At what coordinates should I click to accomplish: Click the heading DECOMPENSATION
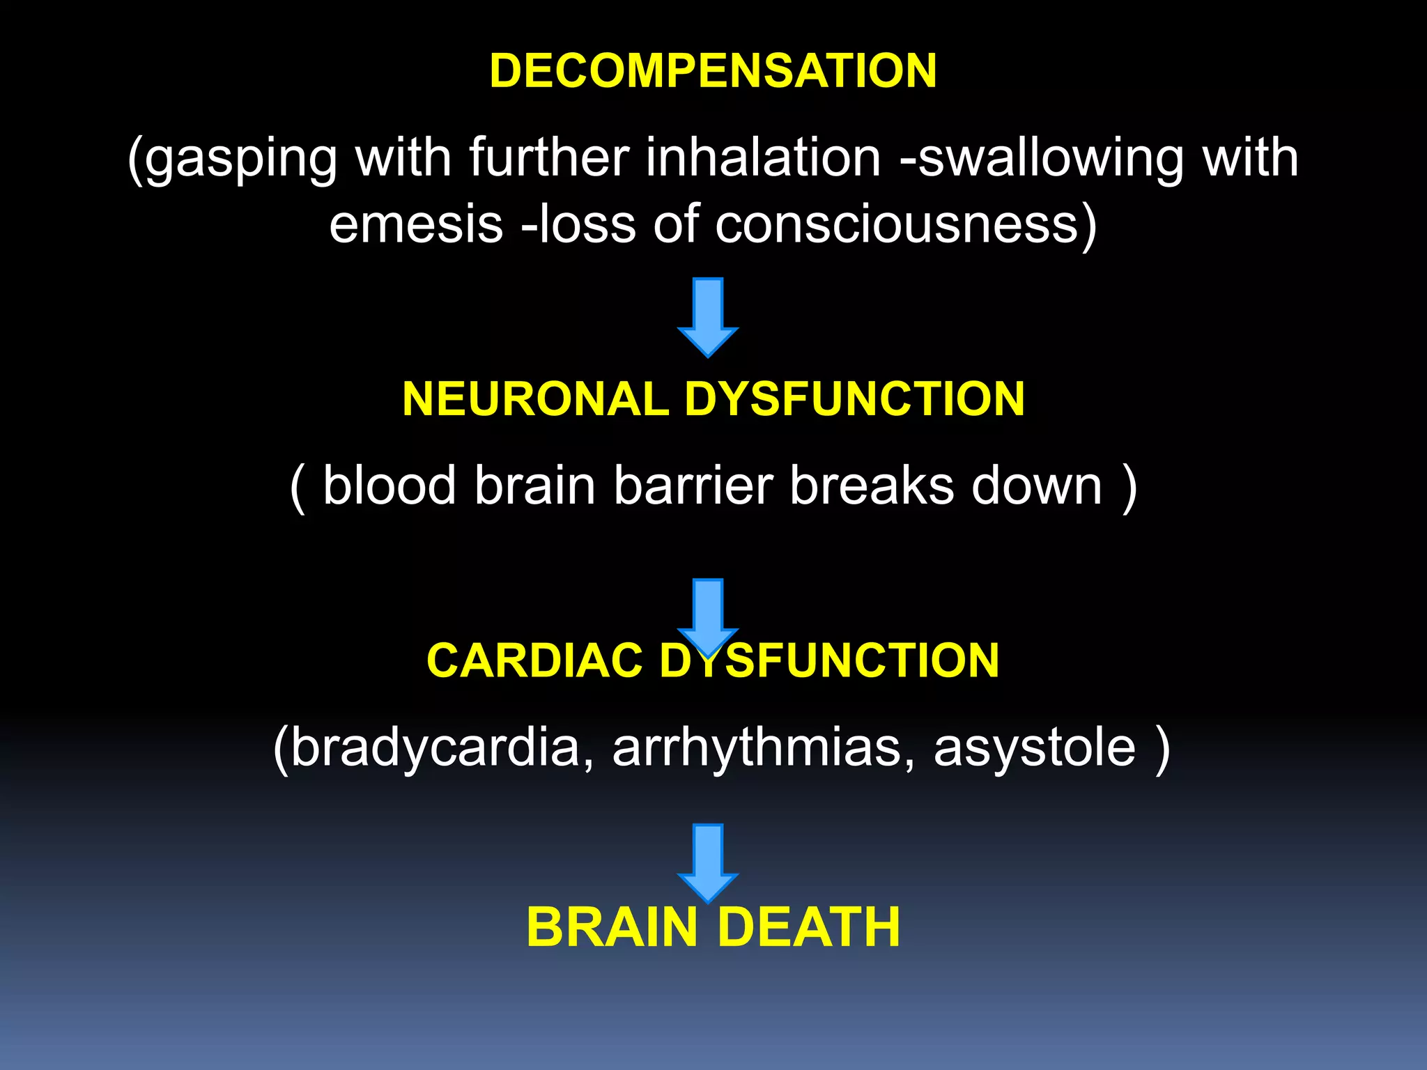713,71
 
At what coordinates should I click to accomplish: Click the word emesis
416,224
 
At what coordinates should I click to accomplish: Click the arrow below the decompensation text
708,316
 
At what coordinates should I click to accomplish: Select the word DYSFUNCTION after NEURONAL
854,399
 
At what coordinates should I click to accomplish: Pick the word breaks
872,486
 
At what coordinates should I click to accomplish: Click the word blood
389,486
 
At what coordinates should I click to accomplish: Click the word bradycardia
435,747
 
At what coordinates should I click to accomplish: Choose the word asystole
1034,747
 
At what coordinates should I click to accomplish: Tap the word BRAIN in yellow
612,927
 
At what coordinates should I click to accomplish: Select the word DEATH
808,927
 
